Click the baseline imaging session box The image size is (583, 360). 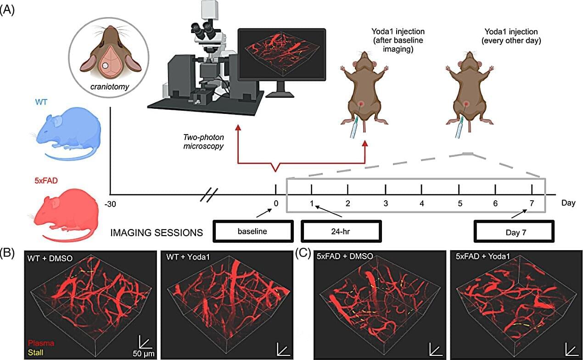[252, 232]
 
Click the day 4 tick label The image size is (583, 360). [422, 203]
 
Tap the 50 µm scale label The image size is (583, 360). [144, 354]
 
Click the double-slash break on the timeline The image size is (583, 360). [209, 195]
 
